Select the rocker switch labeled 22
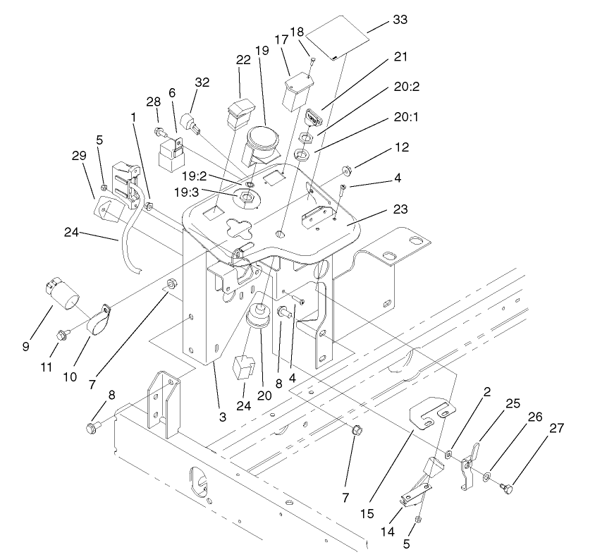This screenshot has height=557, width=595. [240, 111]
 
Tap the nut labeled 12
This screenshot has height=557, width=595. [348, 170]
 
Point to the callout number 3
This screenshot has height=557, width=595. [223, 417]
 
